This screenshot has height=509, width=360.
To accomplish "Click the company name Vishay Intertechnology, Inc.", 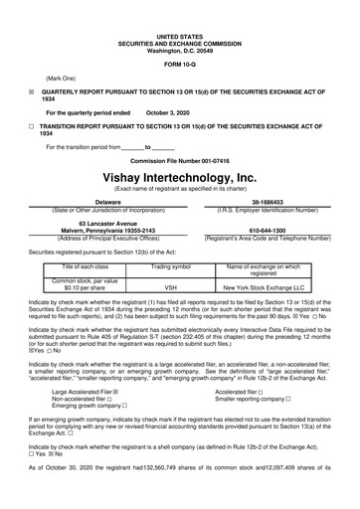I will point(180,177).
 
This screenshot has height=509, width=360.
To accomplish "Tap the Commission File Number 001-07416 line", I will point(180,159).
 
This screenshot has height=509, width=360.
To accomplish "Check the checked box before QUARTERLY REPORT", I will point(31,88).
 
